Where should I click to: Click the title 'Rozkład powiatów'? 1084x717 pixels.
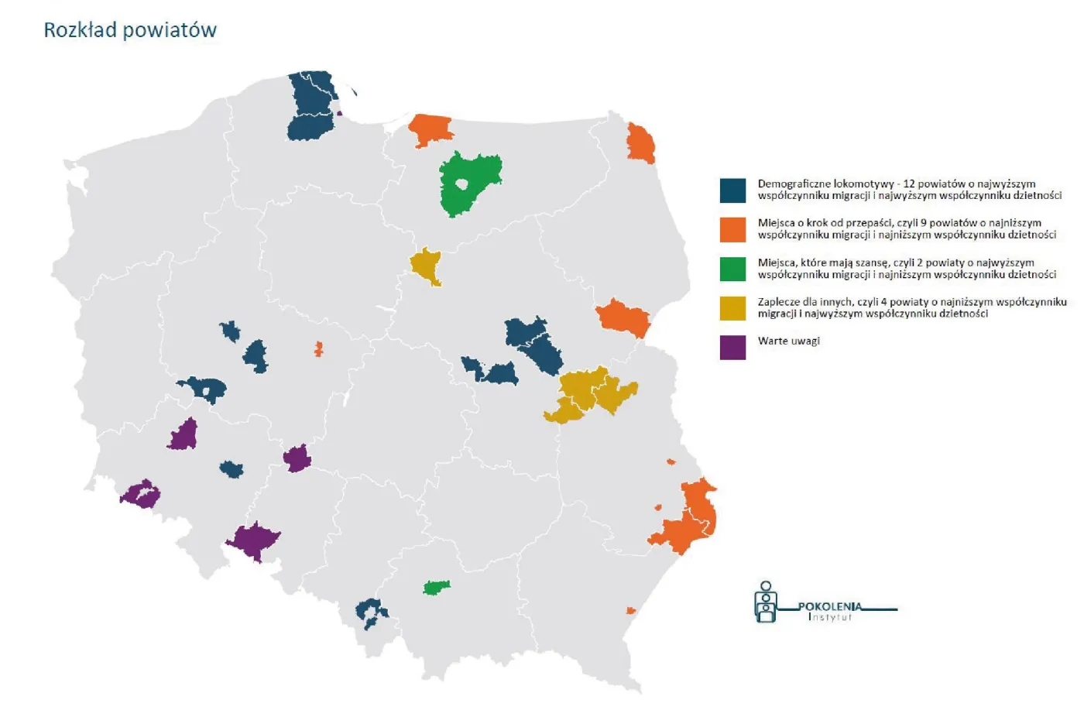tap(130, 30)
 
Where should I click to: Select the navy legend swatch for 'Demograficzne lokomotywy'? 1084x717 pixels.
tap(732, 190)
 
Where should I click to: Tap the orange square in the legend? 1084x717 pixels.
tap(732, 229)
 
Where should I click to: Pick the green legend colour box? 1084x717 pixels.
tap(732, 269)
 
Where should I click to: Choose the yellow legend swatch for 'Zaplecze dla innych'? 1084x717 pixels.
tap(732, 308)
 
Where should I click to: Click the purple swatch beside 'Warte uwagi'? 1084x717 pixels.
tap(732, 347)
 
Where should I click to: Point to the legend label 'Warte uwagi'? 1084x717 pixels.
tap(788, 341)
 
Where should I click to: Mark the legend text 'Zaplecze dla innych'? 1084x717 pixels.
tap(805, 302)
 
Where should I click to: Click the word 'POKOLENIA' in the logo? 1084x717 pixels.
tap(829, 606)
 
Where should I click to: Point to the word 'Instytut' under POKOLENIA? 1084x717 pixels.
tap(829, 617)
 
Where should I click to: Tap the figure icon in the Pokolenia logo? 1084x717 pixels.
tap(766, 602)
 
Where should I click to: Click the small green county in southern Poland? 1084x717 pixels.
tap(437, 588)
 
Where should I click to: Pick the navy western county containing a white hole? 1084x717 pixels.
tap(204, 389)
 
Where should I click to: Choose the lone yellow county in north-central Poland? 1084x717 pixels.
tap(425, 266)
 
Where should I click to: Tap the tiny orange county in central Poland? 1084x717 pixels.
tap(318, 349)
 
